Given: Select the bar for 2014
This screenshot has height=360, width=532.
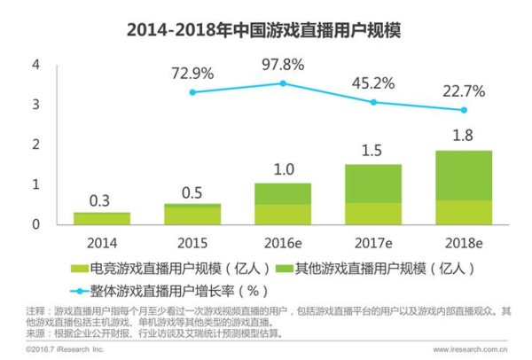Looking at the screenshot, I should [x=101, y=217].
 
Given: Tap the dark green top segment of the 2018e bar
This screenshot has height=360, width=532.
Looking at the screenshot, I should [x=463, y=176].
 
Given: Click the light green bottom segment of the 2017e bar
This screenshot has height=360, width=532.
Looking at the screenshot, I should [x=372, y=213].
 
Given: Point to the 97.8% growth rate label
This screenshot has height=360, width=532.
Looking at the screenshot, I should [x=283, y=65].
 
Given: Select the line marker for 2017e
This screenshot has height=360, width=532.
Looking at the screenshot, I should [x=373, y=102].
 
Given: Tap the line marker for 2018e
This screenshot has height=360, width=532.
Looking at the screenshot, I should [x=463, y=110].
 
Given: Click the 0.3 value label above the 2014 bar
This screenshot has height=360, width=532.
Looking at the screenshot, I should [x=101, y=200].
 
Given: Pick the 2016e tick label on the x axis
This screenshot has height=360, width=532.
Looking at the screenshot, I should [x=282, y=241].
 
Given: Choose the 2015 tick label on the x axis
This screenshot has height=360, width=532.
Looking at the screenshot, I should [x=192, y=241].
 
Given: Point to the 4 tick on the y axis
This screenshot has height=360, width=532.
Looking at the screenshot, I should [x=36, y=65].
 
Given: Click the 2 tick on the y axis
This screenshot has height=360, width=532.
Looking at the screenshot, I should [x=36, y=145].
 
